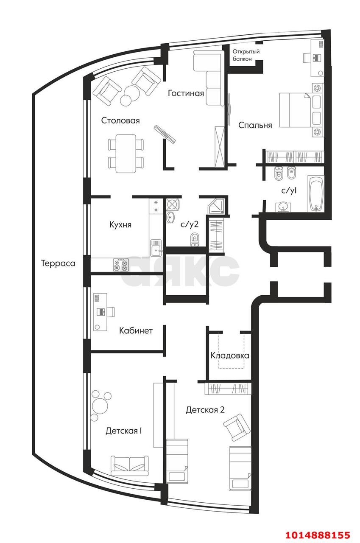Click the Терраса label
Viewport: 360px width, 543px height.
(x=58, y=263)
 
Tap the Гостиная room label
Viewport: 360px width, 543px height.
(x=186, y=93)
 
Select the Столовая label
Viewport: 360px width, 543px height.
(x=120, y=120)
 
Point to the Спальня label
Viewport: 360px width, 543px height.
(x=255, y=125)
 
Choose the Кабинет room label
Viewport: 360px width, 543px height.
(x=136, y=330)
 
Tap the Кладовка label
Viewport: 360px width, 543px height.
(x=229, y=355)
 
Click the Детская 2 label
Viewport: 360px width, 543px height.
(x=205, y=410)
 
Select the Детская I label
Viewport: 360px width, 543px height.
(x=123, y=431)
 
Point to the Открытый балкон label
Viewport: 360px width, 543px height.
(x=246, y=55)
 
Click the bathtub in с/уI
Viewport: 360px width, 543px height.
(x=315, y=194)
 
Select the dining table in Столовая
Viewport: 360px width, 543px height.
(x=126, y=153)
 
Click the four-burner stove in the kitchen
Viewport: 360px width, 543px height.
(x=121, y=265)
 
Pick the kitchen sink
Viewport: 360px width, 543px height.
(x=156, y=248)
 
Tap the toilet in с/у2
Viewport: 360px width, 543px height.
(x=195, y=240)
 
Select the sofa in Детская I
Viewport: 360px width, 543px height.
(x=130, y=465)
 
